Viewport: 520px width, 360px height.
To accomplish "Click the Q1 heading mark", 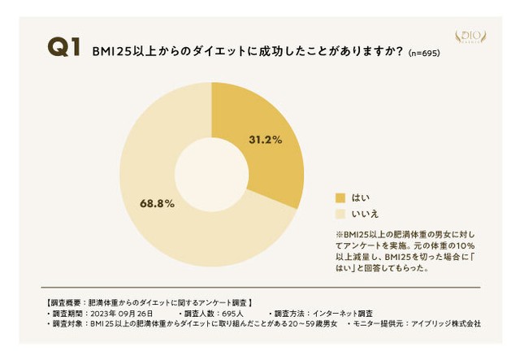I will point(63,48).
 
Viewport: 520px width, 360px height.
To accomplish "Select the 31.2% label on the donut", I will point(265,140).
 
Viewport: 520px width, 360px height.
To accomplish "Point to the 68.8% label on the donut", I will point(158,203).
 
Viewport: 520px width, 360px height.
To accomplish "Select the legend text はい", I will point(360,197).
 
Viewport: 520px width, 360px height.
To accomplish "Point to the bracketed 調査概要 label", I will point(67,302).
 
